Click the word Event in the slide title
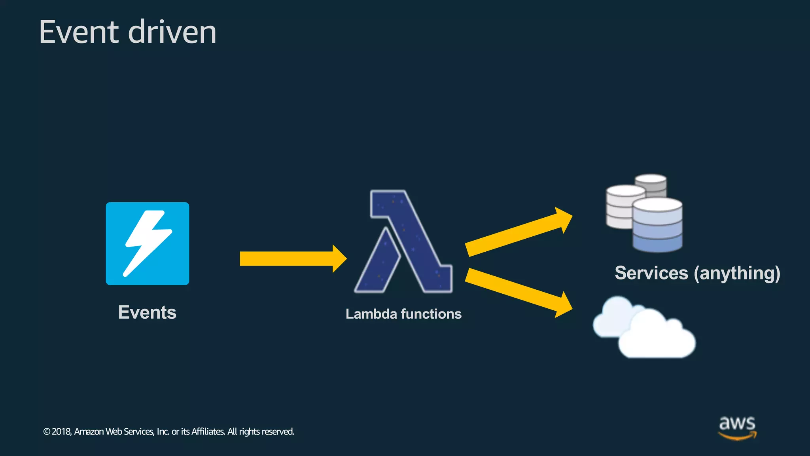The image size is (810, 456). (x=78, y=32)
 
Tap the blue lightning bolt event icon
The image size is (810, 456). (x=147, y=243)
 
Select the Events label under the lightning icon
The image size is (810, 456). (x=147, y=312)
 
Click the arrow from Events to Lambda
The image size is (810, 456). (x=293, y=258)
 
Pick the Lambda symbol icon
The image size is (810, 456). (x=403, y=241)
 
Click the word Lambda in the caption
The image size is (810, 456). (x=371, y=314)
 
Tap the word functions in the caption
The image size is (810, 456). (x=431, y=314)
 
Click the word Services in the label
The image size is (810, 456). (x=651, y=273)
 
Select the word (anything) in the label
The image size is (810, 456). (x=737, y=274)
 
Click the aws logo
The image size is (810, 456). (x=737, y=427)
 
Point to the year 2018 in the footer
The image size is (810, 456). (x=61, y=431)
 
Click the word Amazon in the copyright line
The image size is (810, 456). (x=89, y=431)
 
